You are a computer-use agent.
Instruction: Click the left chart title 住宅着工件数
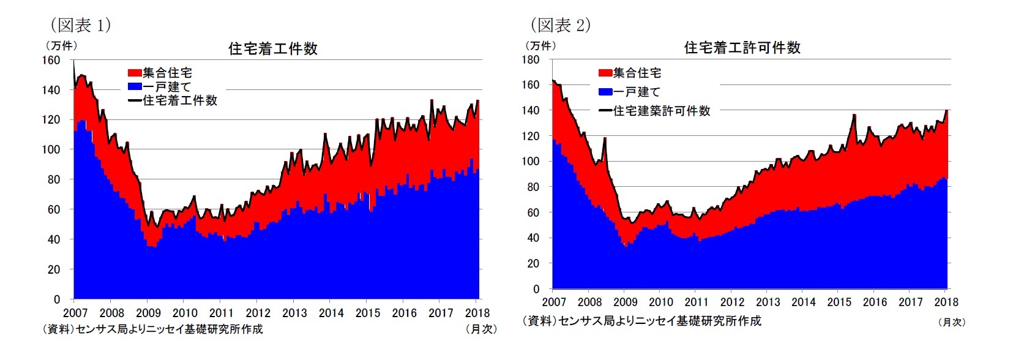272,49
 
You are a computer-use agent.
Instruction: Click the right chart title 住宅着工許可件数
742,48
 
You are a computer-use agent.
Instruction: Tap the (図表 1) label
80,25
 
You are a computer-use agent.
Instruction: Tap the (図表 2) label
560,25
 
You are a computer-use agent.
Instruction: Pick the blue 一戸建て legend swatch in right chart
605,92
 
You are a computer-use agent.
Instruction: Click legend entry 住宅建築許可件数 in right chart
661,111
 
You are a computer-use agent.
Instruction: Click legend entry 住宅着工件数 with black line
179,100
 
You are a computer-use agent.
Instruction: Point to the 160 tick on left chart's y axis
51,60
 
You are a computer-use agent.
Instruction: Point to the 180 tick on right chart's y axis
531,60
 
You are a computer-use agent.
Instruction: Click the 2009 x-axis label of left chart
149,313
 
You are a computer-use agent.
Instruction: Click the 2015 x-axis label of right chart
839,302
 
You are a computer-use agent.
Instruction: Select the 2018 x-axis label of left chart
477,313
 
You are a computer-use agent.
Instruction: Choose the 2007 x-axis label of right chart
554,302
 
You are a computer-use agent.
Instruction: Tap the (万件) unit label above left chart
61,45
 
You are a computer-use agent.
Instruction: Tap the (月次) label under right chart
951,322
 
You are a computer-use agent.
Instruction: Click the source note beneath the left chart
152,329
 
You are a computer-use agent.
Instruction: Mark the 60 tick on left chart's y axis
54,209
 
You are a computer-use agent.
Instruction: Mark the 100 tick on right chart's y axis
531,162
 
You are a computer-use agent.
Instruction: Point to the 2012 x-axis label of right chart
732,302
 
